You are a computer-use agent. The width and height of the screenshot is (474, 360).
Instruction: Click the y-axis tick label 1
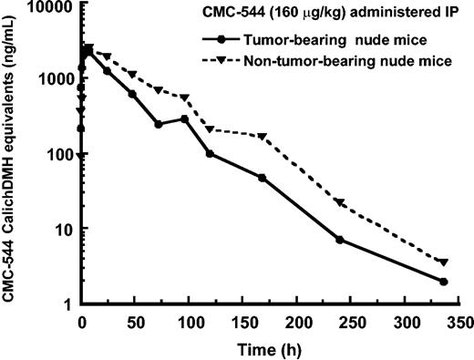[x=68, y=303]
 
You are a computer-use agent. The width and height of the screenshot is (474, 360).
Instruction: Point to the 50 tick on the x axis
[x=134, y=321]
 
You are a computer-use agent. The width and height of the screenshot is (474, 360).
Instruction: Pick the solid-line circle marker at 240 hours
[x=340, y=240]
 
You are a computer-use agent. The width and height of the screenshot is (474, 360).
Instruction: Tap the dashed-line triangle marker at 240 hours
[x=340, y=202]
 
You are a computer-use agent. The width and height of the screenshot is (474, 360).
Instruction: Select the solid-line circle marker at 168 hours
[x=263, y=178]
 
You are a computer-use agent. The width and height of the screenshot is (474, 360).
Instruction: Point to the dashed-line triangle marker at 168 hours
[x=263, y=137]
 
